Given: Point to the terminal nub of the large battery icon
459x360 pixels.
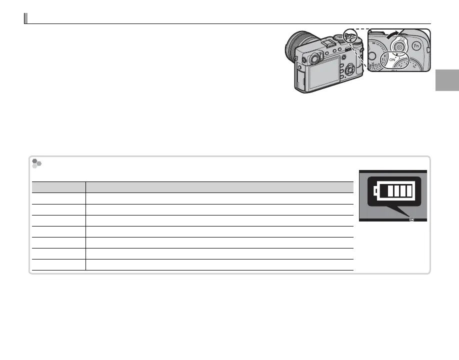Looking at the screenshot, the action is [x=375, y=191].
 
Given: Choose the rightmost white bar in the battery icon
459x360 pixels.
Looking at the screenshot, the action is [x=409, y=191].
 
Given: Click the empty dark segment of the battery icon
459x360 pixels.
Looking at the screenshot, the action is [x=384, y=191].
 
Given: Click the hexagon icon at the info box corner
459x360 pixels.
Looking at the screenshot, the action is [x=36, y=163].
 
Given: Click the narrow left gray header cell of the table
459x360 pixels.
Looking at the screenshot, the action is [x=59, y=187].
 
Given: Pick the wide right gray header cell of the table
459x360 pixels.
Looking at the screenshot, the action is [x=219, y=187].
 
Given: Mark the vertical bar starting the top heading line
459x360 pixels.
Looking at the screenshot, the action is [x=25, y=18].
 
